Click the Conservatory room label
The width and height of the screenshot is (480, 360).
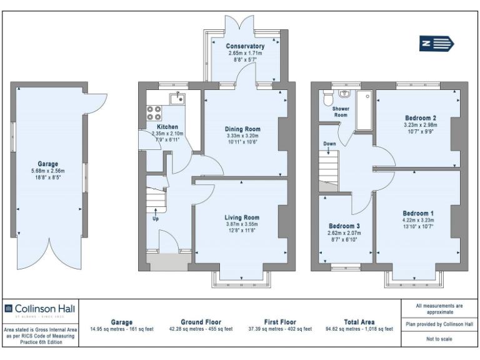click(245, 46)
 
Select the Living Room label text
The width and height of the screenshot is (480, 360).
click(242, 217)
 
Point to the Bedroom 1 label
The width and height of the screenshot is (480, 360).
click(418, 214)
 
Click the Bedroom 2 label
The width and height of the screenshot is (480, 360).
click(420, 118)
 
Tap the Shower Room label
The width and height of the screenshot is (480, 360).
click(341, 111)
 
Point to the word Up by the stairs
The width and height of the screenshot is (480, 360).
click(155, 219)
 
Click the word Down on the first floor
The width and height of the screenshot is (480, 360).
click(330, 144)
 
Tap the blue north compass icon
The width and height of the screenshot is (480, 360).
click(436, 43)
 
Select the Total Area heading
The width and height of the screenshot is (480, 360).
click(359, 322)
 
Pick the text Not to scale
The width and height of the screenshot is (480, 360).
click(439, 339)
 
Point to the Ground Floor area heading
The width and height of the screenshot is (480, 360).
click(201, 322)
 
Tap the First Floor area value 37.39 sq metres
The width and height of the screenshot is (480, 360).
click(280, 329)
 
